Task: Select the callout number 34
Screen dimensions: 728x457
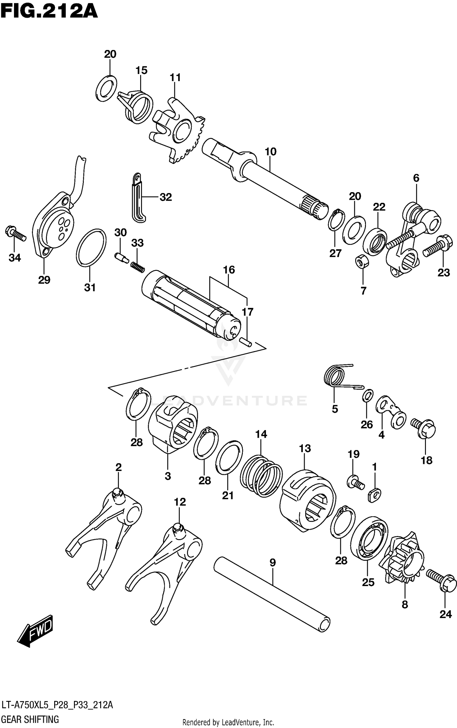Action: [x=15, y=258]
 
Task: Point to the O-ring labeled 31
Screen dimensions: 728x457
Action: [x=91, y=247]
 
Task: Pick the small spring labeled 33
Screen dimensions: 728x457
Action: [x=138, y=265]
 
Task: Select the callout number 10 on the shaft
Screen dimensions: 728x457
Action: [x=271, y=151]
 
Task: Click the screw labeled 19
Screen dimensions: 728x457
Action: [x=356, y=482]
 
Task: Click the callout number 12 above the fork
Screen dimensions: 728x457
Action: [x=180, y=502]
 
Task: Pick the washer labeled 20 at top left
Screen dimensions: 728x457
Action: [x=106, y=88]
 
